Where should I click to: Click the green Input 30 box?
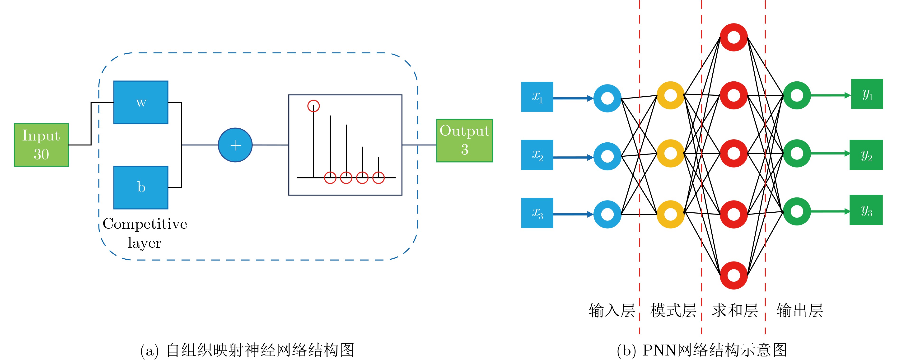pos(41,145)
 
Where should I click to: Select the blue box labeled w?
pos(141,102)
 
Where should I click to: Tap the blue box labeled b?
pos(141,187)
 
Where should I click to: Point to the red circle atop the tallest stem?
pos(313,106)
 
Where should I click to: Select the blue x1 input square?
pos(537,97)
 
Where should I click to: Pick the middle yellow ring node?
pos(670,153)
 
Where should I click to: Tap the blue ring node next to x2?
pos(607,156)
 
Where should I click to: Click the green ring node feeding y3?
pos(797,211)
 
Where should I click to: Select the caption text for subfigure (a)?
pos(247,350)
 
